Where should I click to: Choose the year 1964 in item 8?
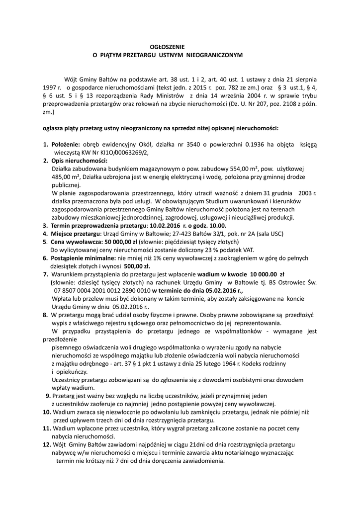click(225, 364)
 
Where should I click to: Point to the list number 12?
click(47, 444)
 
